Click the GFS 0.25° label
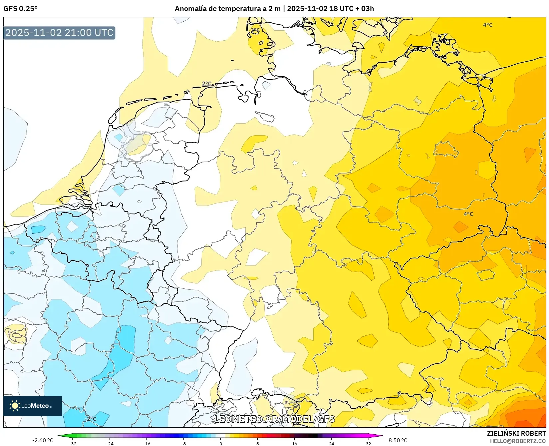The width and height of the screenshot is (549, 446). pyautogui.click(x=20, y=9)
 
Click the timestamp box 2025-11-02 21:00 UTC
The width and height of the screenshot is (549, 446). pyautogui.click(x=59, y=33)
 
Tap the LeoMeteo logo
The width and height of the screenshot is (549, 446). pyautogui.click(x=33, y=406)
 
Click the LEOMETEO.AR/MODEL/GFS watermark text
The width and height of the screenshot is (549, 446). pyautogui.click(x=274, y=419)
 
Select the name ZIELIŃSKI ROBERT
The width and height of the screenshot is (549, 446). pyautogui.click(x=516, y=433)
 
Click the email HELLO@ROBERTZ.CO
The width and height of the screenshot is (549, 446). pyautogui.click(x=518, y=441)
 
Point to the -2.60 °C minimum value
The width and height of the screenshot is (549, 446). pyautogui.click(x=43, y=440)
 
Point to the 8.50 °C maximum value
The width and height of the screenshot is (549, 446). pyautogui.click(x=398, y=440)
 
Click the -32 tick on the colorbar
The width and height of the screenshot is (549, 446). pyautogui.click(x=73, y=444)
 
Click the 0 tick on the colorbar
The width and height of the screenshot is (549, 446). pyautogui.click(x=220, y=444)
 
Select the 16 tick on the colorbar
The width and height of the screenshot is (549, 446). pyautogui.click(x=294, y=444)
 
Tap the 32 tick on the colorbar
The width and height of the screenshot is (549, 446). pyautogui.click(x=368, y=444)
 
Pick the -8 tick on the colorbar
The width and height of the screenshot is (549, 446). pyautogui.click(x=183, y=444)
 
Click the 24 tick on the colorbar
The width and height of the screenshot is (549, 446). pyautogui.click(x=331, y=444)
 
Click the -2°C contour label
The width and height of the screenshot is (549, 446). pyautogui.click(x=90, y=419)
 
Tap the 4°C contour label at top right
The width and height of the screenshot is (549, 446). pyautogui.click(x=488, y=25)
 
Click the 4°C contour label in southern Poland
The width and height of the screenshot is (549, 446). pyautogui.click(x=468, y=214)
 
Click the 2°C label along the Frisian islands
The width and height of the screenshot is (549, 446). pyautogui.click(x=207, y=84)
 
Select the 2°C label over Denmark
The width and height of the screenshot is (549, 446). pyautogui.click(x=255, y=30)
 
